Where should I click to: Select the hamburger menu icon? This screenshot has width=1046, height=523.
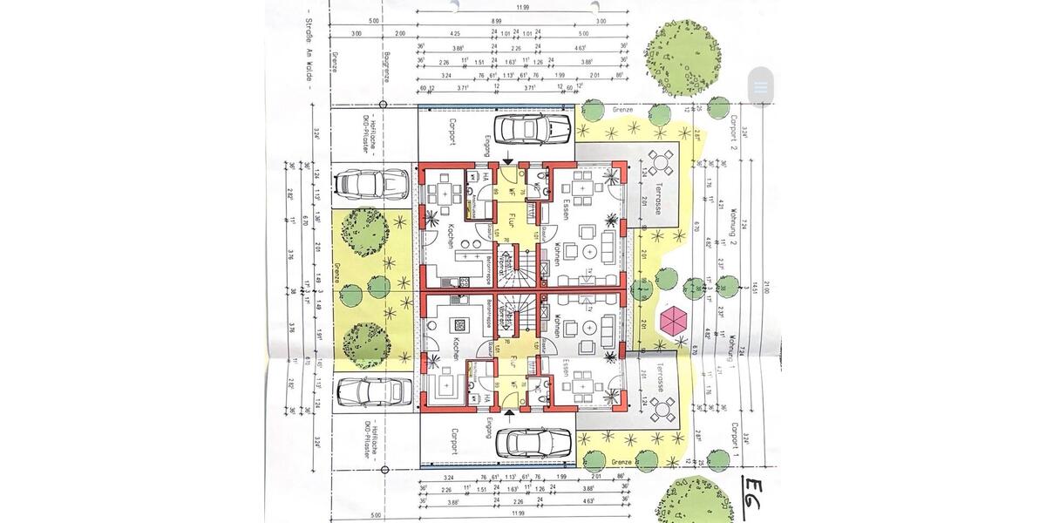click(761, 87)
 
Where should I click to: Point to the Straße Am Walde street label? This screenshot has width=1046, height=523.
click(309, 53)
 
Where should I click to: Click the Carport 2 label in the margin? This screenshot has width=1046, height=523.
click(736, 130)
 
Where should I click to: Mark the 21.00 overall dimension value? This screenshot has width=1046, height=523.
click(765, 287)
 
